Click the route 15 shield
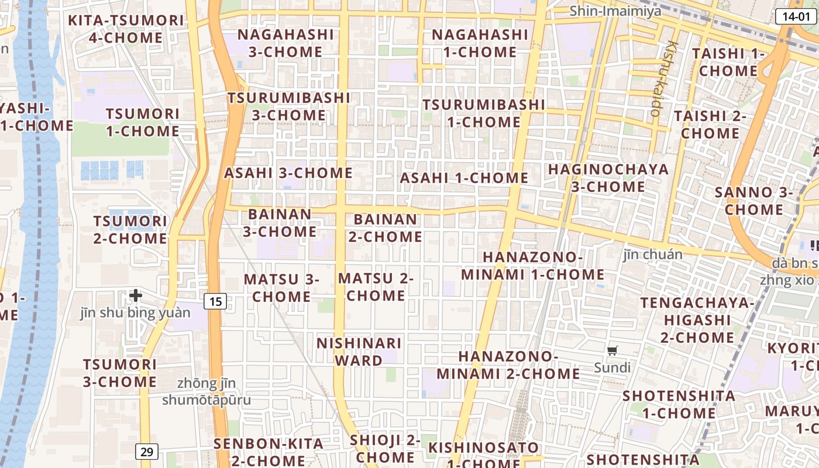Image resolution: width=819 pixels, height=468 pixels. (215, 301)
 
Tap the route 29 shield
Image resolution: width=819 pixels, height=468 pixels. (147, 452)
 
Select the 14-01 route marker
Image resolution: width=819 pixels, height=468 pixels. (796, 16)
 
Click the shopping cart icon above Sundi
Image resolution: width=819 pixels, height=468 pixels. (612, 351)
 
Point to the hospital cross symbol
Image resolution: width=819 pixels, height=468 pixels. (136, 295)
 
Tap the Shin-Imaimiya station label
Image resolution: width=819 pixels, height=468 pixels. (615, 11)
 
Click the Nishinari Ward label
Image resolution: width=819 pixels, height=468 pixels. (359, 352)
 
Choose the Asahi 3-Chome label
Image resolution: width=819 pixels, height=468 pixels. (288, 173)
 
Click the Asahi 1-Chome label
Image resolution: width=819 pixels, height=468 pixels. (464, 178)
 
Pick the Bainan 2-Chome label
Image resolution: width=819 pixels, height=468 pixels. (386, 228)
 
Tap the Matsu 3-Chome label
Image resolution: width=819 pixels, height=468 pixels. (281, 288)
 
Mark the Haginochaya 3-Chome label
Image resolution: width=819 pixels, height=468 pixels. (608, 178)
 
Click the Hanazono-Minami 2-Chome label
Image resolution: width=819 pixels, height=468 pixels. (508, 365)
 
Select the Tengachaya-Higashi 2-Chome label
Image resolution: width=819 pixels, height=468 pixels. (697, 320)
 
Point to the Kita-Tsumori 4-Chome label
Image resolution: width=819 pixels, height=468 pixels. (126, 29)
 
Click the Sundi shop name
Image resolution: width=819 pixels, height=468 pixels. (612, 368)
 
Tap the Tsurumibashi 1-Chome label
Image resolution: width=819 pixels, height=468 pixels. (484, 113)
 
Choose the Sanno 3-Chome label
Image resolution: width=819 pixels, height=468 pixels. (753, 201)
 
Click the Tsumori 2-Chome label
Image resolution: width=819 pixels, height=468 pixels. (130, 230)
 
